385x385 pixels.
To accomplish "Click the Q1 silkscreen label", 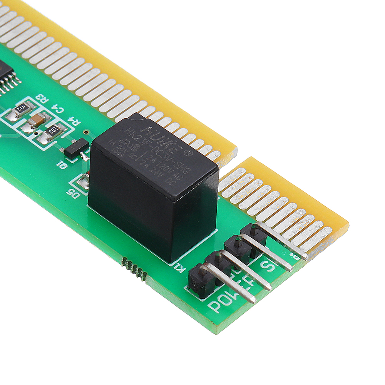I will click(x=61, y=165).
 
